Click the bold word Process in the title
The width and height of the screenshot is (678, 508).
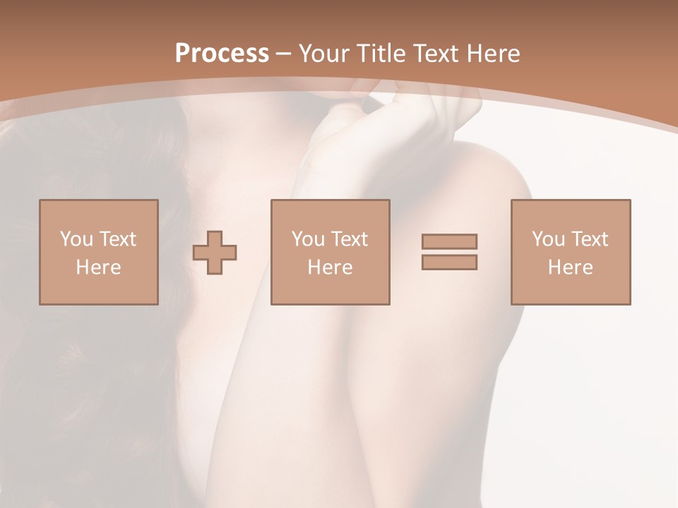click(222, 54)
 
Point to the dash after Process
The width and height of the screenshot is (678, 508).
click(283, 54)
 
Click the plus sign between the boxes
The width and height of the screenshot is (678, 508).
click(215, 253)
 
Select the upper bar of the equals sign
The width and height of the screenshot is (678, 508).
click(449, 241)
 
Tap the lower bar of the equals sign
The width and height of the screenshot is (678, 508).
click(449, 262)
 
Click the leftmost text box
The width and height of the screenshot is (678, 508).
click(99, 252)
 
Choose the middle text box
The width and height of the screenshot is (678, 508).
click(331, 252)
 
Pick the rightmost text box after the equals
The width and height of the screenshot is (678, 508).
click(571, 252)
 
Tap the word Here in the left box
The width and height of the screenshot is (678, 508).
click(99, 267)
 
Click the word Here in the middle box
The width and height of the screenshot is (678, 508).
click(331, 267)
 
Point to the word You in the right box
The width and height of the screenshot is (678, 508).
click(549, 239)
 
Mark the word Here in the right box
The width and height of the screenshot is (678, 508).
click(571, 267)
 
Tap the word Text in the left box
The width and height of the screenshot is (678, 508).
click(117, 239)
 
